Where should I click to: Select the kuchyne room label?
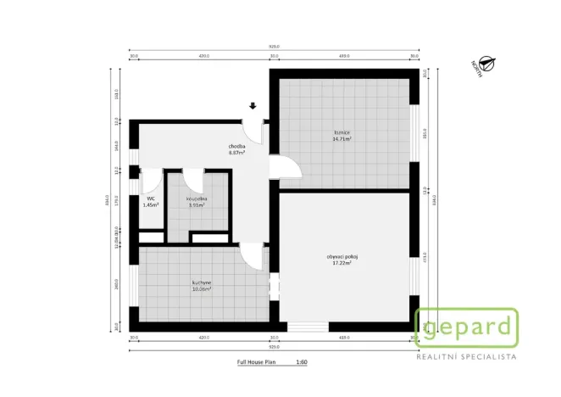coord(201,282)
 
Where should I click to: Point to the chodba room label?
coord(236,147)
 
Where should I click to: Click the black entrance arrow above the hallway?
coord(253,106)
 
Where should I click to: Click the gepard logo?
coord(465,327)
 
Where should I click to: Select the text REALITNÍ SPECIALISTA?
coord(465,357)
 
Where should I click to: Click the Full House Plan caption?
coord(258,362)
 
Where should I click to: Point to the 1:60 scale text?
coord(301,362)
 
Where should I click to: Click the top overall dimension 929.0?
coord(274,47)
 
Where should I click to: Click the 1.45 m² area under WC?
coord(150,205)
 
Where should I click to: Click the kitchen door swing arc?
coord(251,255)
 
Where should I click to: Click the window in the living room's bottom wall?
coord(308,327)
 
